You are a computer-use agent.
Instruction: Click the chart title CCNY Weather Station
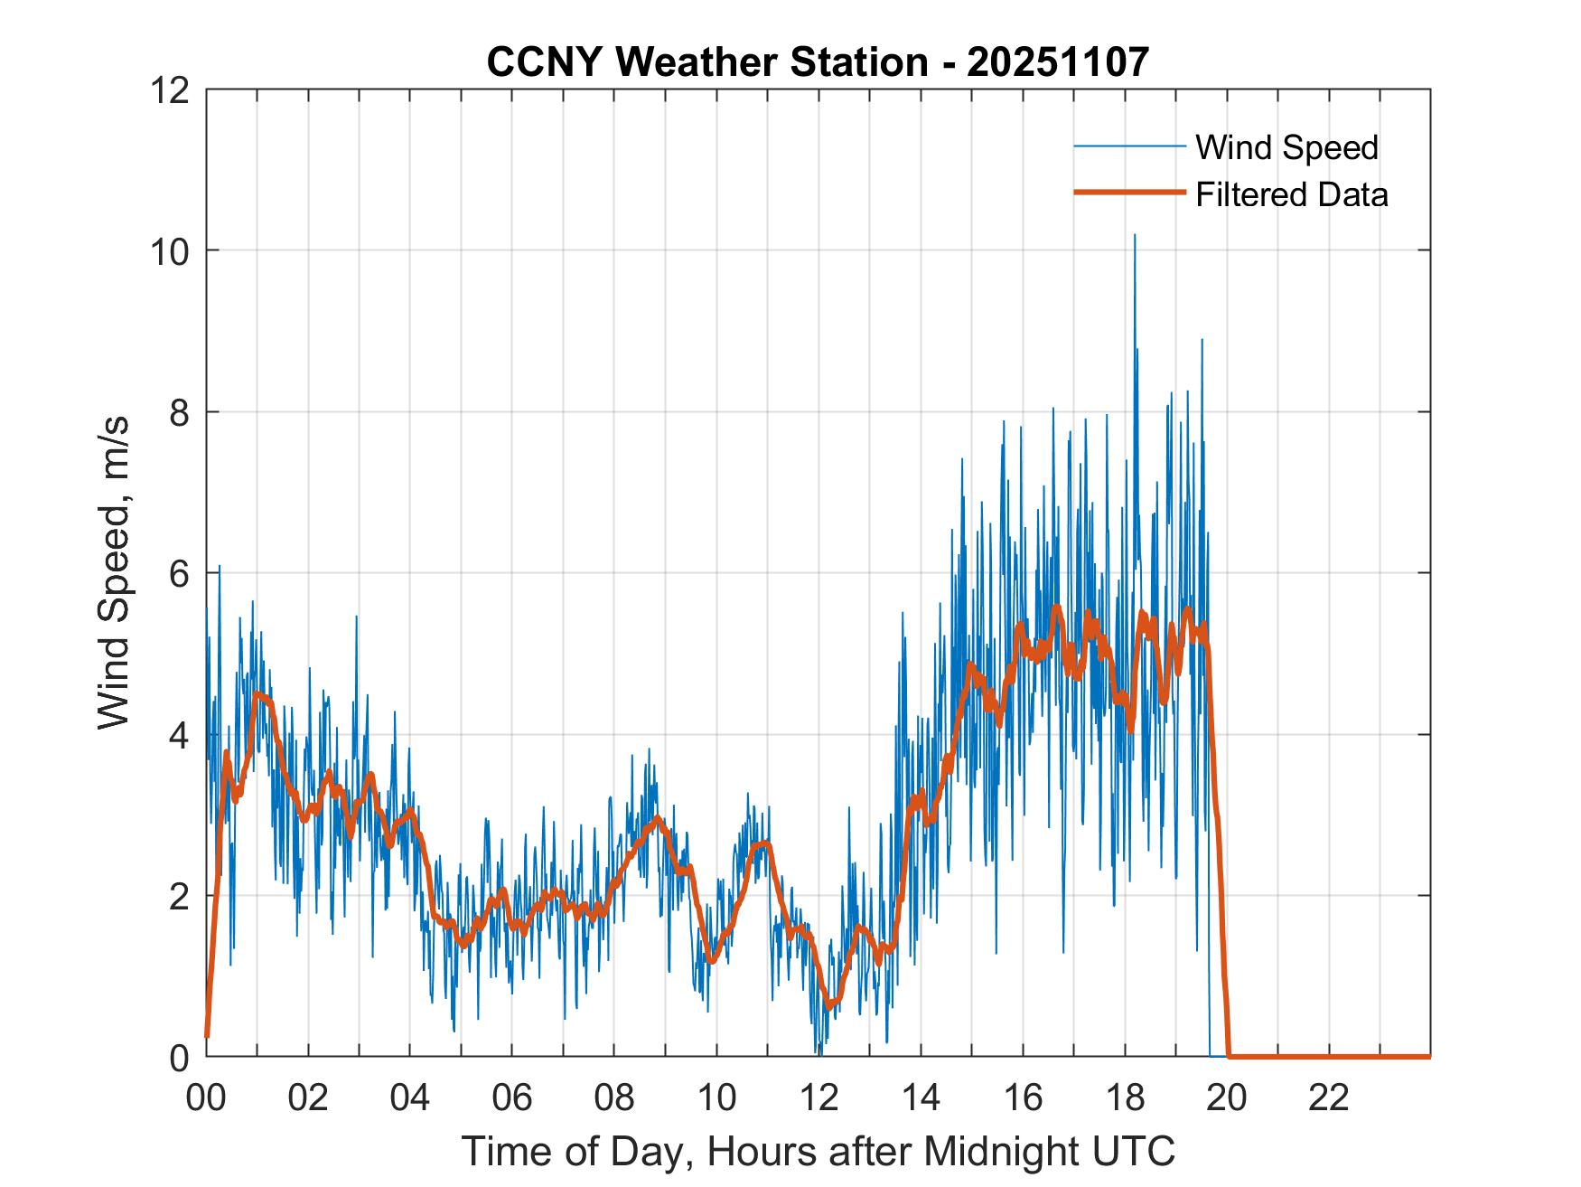click(x=706, y=62)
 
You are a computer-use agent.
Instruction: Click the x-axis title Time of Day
click(x=818, y=1151)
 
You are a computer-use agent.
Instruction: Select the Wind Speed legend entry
click(x=1286, y=147)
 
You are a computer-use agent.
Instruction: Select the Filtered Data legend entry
click(x=1291, y=194)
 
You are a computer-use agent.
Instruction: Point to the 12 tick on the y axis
click(x=173, y=89)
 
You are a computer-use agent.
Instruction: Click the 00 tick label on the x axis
click(x=206, y=1098)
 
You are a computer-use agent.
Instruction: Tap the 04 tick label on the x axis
click(x=410, y=1098)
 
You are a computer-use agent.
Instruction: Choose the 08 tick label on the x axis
click(x=614, y=1098)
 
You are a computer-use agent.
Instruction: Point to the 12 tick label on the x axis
click(x=819, y=1098)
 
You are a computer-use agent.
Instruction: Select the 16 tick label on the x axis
click(x=1023, y=1098)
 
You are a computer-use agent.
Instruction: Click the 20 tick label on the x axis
click(x=1227, y=1098)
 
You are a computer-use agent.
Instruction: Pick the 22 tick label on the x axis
click(x=1329, y=1098)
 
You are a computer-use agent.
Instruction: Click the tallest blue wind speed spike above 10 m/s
click(x=1134, y=237)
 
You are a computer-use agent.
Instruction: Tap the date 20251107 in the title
click(x=1057, y=62)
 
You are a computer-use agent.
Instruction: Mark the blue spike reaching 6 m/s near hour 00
click(x=219, y=568)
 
